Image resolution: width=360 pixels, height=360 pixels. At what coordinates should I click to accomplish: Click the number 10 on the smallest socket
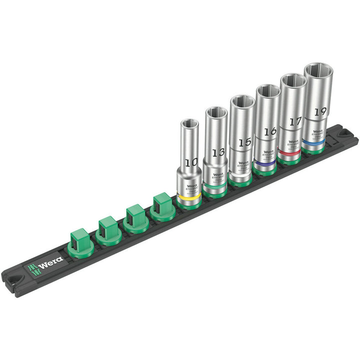point(190,162)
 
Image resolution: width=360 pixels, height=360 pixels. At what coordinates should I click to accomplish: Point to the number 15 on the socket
point(244,142)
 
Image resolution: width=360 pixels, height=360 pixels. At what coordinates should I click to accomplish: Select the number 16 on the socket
point(270,132)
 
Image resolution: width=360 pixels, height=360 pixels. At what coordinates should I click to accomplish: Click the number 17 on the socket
point(295,121)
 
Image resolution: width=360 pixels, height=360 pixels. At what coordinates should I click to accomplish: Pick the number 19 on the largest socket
point(320,111)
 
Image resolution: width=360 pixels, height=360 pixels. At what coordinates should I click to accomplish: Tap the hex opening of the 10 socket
point(189,123)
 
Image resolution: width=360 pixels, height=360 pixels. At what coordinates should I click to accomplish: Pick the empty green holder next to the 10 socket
point(162,205)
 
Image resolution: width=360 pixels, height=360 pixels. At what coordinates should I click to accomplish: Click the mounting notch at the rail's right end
point(344,134)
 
